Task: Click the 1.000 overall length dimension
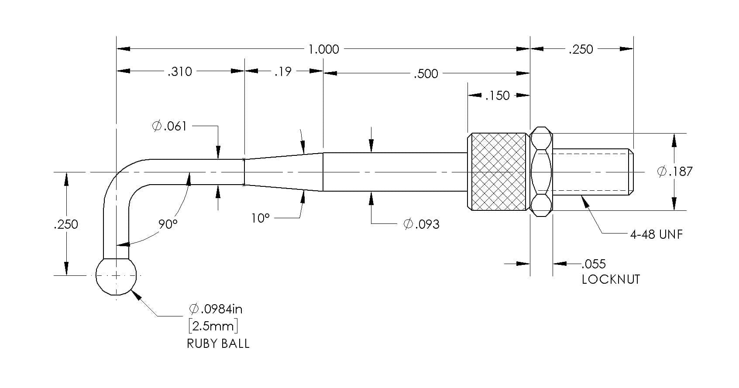click(x=323, y=49)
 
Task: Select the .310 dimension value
click(x=180, y=72)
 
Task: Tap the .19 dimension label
click(x=283, y=72)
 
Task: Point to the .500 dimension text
click(x=426, y=74)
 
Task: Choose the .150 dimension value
click(x=498, y=96)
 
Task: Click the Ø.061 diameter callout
click(x=169, y=126)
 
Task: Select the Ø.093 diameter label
click(x=422, y=224)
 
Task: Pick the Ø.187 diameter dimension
click(x=675, y=172)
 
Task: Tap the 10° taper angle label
click(x=260, y=218)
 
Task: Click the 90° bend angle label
click(x=168, y=224)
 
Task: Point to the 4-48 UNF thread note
click(x=656, y=234)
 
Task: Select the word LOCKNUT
click(x=611, y=279)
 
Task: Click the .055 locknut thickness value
click(x=594, y=264)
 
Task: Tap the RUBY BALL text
click(x=218, y=344)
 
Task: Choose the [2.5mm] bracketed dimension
click(x=213, y=326)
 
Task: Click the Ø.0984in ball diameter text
click(x=216, y=309)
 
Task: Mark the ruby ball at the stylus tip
click(x=116, y=276)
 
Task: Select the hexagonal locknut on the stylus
click(x=541, y=172)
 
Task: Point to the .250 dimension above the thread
click(x=581, y=49)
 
